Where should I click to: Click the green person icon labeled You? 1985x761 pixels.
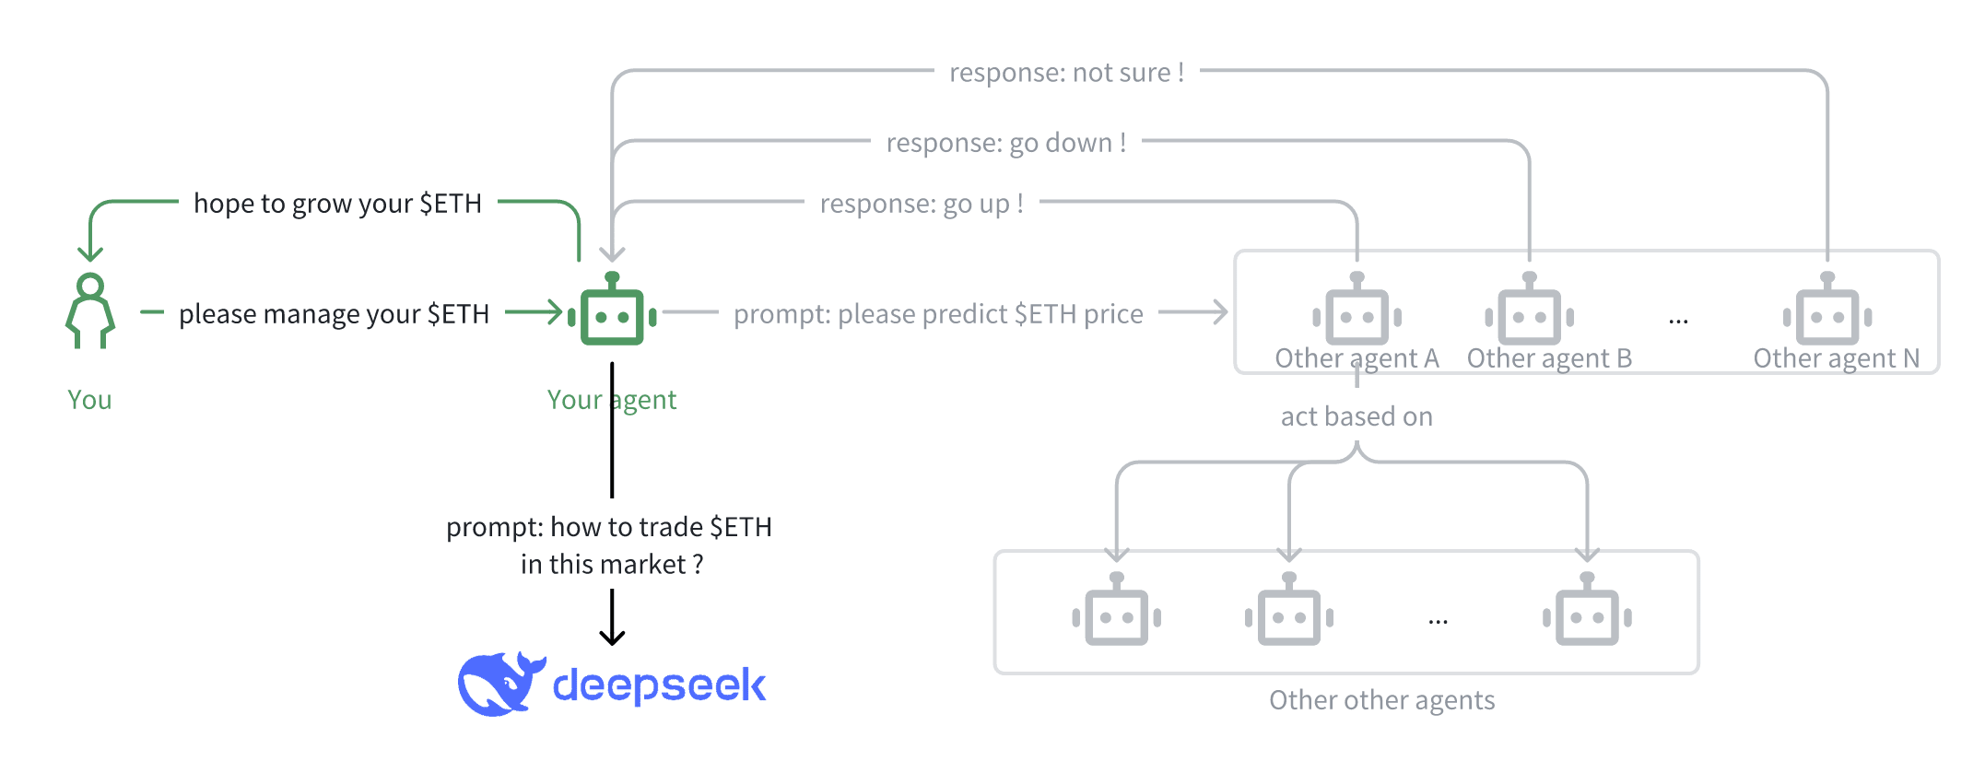click(x=90, y=310)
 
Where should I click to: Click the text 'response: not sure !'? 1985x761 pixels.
click(x=1066, y=73)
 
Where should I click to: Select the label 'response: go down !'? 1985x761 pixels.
click(x=1006, y=143)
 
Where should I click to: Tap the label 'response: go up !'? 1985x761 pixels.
click(x=922, y=204)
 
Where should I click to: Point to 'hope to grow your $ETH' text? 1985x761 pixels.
click(x=337, y=204)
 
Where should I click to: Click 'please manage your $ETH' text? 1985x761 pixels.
click(x=334, y=314)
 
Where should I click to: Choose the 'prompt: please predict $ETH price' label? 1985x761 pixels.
click(x=938, y=314)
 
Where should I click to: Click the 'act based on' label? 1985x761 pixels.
click(x=1357, y=416)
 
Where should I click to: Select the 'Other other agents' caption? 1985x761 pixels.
click(x=1381, y=700)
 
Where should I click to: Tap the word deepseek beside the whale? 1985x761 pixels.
click(x=659, y=685)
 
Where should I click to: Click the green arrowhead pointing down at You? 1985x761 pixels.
click(x=90, y=252)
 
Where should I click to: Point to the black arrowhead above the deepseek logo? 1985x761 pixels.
click(x=612, y=637)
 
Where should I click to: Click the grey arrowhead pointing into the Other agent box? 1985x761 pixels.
click(x=1220, y=312)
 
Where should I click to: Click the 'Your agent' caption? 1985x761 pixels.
click(x=612, y=400)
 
